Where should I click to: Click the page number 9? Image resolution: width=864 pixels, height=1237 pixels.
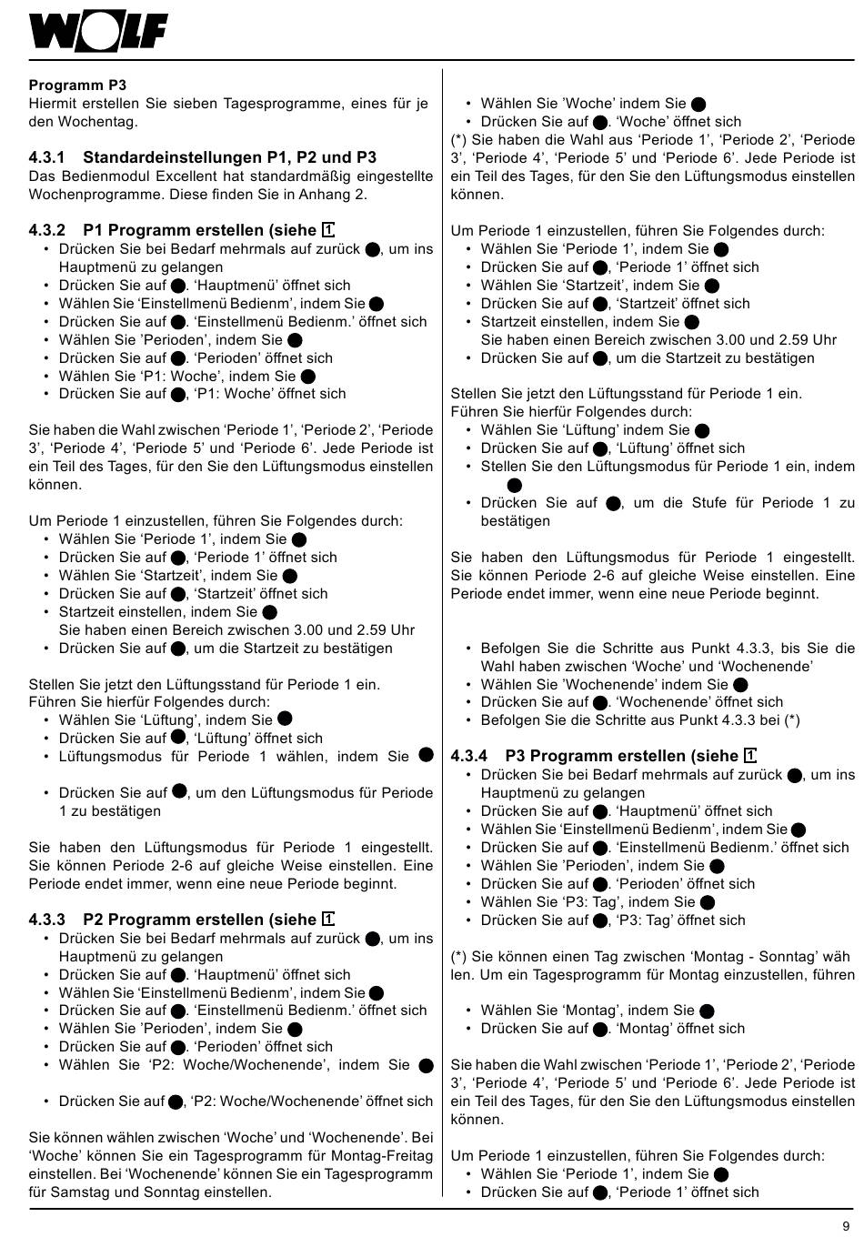846,1223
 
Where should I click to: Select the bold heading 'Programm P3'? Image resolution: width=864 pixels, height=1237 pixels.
77,85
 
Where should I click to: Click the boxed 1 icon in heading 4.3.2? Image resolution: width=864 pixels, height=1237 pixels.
328,230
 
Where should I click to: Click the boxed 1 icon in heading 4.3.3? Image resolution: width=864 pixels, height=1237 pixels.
328,920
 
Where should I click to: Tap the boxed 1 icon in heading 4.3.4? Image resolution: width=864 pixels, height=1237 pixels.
750,756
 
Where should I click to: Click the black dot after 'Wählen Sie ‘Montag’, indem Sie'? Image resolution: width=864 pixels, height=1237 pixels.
708,1011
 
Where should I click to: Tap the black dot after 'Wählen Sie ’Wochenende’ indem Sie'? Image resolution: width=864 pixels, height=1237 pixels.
740,685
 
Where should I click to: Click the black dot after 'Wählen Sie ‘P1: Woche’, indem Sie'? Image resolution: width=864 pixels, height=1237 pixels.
308,376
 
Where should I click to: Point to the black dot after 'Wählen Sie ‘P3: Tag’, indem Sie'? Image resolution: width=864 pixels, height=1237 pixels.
708,902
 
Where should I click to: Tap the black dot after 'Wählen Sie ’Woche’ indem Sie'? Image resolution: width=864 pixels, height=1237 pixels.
698,104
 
